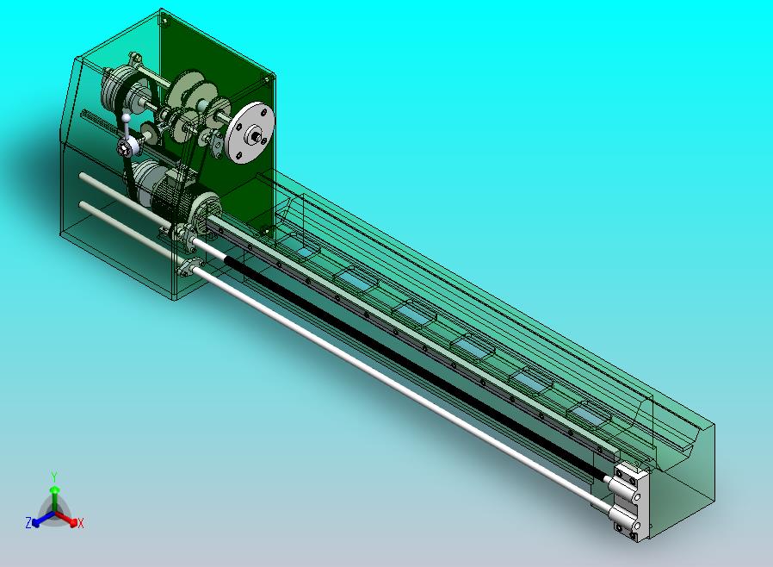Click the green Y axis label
54,477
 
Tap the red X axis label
81,524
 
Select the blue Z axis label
28,522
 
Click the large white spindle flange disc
250,132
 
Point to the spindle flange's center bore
257,132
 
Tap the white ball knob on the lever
127,118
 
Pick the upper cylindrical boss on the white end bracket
619,484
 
